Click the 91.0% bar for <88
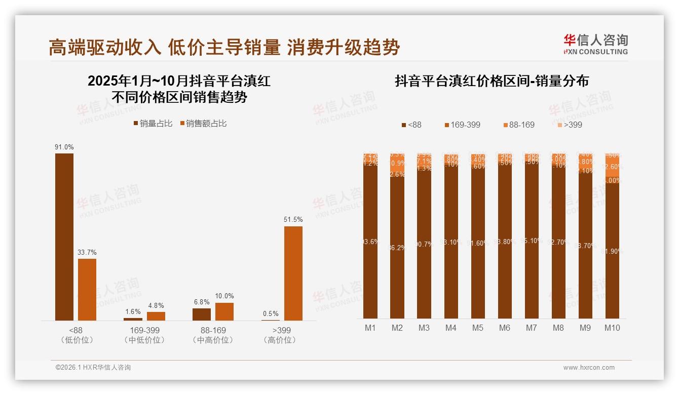pyautogui.click(x=64, y=236)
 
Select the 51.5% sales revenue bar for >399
pyautogui.click(x=293, y=273)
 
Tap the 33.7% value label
pyautogui.click(x=87, y=252)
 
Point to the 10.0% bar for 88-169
pyautogui.click(x=224, y=311)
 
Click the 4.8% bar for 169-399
pyautogui.click(x=156, y=316)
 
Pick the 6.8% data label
pyautogui.click(x=202, y=302)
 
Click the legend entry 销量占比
pyautogui.click(x=153, y=124)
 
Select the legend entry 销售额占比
pyautogui.click(x=203, y=124)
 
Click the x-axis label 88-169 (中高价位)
pyautogui.click(x=213, y=335)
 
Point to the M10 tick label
pyautogui.click(x=612, y=328)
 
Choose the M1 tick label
pyautogui.click(x=370, y=328)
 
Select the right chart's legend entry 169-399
pyautogui.click(x=462, y=125)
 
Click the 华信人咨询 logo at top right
pyautogui.click(x=595, y=44)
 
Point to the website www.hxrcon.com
pyautogui.click(x=589, y=368)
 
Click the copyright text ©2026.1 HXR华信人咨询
pyautogui.click(x=93, y=368)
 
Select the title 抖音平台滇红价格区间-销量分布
pyautogui.click(x=492, y=81)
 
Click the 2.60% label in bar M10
pyautogui.click(x=612, y=167)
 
